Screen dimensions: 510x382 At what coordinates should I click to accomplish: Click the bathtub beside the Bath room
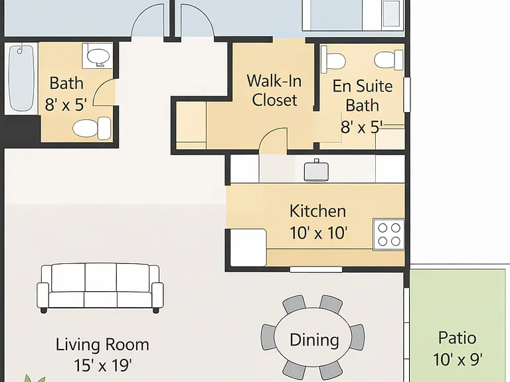coord(21,78)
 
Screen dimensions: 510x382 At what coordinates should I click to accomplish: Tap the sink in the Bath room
coord(98,56)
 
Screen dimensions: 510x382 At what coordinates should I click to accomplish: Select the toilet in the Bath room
coord(92,128)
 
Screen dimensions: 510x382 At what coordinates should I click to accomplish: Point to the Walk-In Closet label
coord(274,90)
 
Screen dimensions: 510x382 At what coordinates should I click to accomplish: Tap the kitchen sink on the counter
coord(316,170)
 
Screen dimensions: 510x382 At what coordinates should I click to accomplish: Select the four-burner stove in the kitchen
coord(389,235)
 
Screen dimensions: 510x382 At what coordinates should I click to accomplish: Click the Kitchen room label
coord(318,211)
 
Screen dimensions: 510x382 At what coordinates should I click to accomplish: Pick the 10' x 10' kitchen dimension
coord(319,233)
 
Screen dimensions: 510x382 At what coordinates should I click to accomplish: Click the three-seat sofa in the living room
coord(100,288)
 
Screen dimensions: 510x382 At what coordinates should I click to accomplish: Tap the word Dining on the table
coord(314,340)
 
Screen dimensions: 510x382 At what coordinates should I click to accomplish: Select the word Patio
coord(458,338)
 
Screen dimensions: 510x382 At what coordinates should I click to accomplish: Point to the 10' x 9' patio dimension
coord(458,359)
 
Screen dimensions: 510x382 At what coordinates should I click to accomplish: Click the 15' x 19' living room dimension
coord(103,365)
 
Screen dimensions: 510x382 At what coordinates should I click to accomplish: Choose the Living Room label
coord(102,344)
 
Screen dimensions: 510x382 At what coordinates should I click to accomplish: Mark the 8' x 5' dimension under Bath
coord(66,105)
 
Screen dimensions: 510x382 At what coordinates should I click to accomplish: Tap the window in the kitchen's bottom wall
coord(316,269)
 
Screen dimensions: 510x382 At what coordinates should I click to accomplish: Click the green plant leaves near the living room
coord(35,379)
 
